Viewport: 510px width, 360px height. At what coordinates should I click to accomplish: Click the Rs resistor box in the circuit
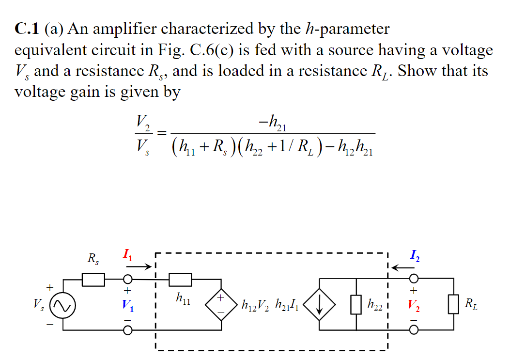[93, 280]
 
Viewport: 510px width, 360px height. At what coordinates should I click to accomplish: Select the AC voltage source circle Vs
[63, 305]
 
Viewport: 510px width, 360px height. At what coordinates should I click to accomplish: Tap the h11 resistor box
[181, 280]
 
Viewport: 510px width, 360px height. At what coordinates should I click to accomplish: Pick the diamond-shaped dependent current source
[319, 305]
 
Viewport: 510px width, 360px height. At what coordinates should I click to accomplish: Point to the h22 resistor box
[356, 305]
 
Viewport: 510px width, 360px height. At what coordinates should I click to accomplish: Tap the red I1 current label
[127, 253]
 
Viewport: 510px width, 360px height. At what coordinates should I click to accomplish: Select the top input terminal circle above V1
[127, 280]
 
